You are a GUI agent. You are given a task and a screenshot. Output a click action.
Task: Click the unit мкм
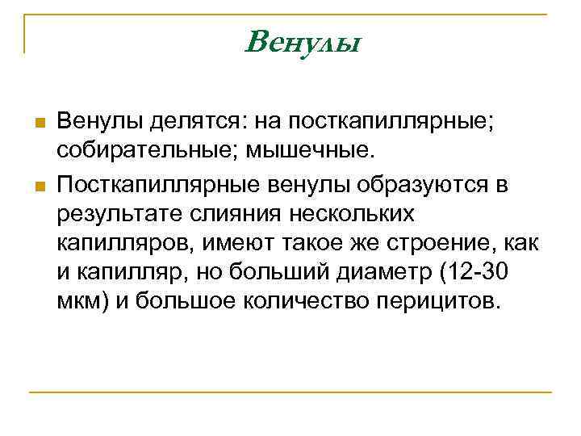click(x=77, y=304)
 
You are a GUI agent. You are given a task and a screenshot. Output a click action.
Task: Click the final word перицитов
click(x=441, y=304)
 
